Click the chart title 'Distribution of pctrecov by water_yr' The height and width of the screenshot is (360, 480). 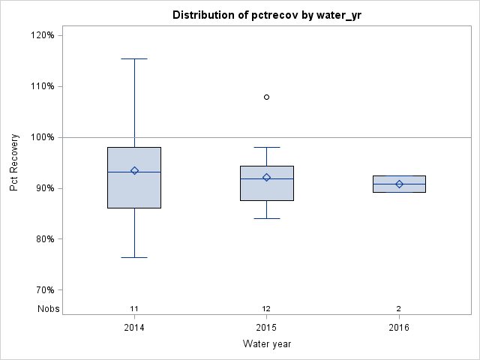coord(266,15)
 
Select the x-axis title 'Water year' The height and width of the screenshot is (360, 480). coord(266,344)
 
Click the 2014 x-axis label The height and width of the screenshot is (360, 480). coord(134,328)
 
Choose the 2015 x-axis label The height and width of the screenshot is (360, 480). coord(266,328)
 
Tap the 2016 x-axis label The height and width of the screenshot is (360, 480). coord(399,328)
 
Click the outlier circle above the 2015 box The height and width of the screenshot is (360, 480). coord(266,97)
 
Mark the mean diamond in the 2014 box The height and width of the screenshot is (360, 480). coord(134,170)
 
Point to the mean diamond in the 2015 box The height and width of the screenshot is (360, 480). coord(266,177)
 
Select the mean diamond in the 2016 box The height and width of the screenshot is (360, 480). coord(399,184)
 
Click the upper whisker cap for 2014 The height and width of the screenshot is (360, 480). coord(134,58)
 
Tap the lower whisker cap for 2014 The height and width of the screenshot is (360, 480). coord(134,257)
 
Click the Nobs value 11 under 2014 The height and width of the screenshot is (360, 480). coord(134,309)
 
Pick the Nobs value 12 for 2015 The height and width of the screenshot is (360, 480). coord(266,309)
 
